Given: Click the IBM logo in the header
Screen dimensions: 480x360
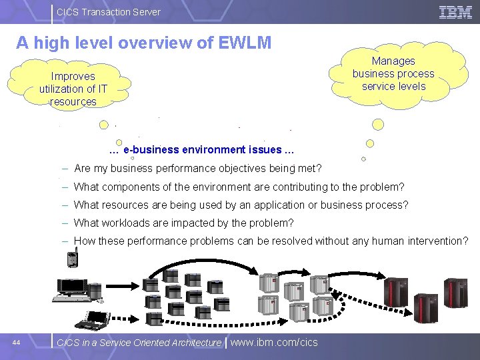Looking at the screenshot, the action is pyautogui.click(x=455, y=11).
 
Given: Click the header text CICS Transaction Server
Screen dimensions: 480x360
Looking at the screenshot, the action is pyautogui.click(x=108, y=11).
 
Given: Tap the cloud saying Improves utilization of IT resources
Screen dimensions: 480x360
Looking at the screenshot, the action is pyautogui.click(x=73, y=89).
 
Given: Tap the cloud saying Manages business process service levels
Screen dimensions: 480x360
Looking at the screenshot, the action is pyautogui.click(x=393, y=74).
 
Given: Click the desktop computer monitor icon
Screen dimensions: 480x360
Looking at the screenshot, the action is pyautogui.click(x=73, y=286).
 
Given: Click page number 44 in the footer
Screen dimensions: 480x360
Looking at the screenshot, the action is pyautogui.click(x=17, y=343).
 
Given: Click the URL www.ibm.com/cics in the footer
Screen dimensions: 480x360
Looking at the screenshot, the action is pyautogui.click(x=274, y=343).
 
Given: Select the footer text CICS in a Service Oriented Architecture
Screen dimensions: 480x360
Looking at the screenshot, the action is pyautogui.click(x=139, y=343).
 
